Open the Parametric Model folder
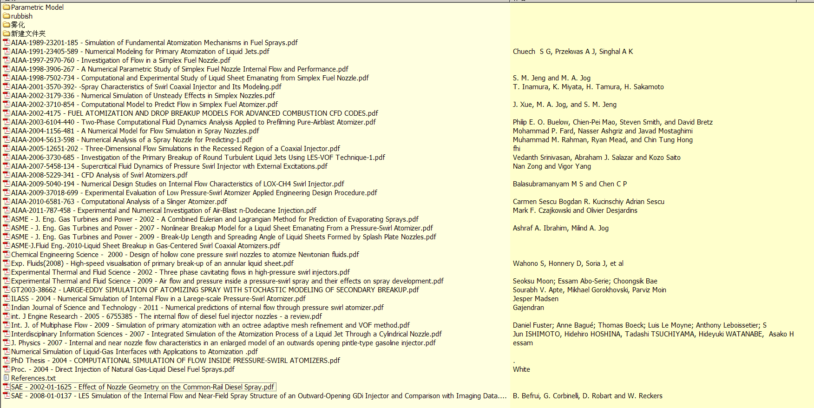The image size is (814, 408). coord(37,7)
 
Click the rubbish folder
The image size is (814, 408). coord(22,16)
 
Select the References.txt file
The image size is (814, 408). coord(33,378)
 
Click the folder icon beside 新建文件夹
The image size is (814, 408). coord(7,34)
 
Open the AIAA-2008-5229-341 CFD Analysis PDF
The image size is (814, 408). coord(99,175)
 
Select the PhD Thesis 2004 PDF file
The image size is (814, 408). coord(176,361)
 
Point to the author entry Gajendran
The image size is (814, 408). coord(528,308)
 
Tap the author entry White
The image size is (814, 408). coord(521,369)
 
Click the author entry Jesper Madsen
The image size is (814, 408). coord(536,299)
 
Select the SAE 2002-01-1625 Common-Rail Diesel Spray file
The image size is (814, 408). coord(143,387)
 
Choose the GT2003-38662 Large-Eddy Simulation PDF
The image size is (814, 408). coord(215,290)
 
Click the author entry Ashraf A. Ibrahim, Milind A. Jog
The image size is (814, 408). coord(561,228)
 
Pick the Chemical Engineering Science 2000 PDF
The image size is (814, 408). coord(185,255)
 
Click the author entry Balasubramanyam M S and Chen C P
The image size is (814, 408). coord(570,184)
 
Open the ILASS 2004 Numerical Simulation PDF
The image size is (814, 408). coord(158,299)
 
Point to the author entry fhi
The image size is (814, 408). coord(517,149)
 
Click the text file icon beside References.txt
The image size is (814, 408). coord(7,378)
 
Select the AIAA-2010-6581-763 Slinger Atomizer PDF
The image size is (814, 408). coord(119,202)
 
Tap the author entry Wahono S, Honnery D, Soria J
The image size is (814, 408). coord(568,263)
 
